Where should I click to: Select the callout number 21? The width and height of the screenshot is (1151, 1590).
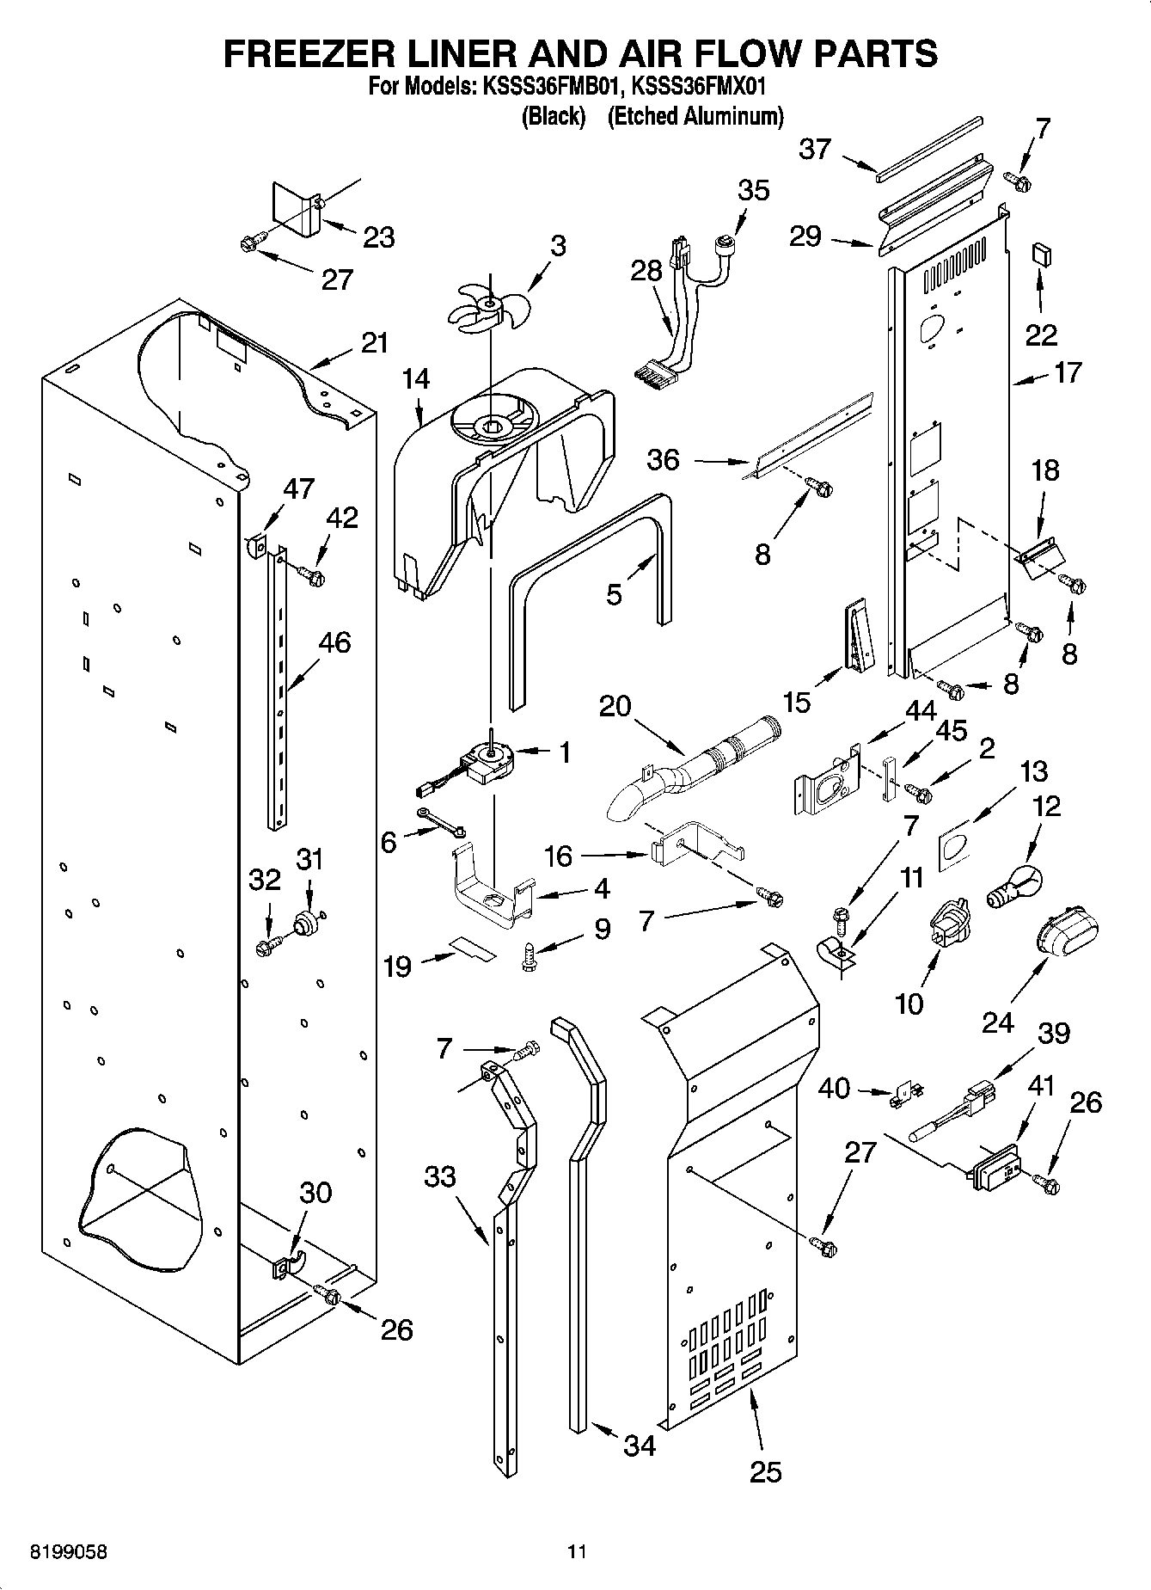click(x=375, y=343)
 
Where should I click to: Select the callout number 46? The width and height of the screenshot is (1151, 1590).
click(x=334, y=642)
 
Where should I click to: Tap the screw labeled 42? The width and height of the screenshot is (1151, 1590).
click(x=309, y=574)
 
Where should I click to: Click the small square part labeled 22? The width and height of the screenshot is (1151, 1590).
click(x=1041, y=255)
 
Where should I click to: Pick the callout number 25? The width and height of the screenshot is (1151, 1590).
click(x=765, y=1471)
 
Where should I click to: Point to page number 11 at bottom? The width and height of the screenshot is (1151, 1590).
click(x=576, y=1552)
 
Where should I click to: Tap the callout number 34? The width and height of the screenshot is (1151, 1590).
click(x=640, y=1446)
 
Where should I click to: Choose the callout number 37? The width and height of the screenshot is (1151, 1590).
click(x=814, y=149)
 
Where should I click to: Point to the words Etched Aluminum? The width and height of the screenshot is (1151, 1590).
click(x=695, y=116)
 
